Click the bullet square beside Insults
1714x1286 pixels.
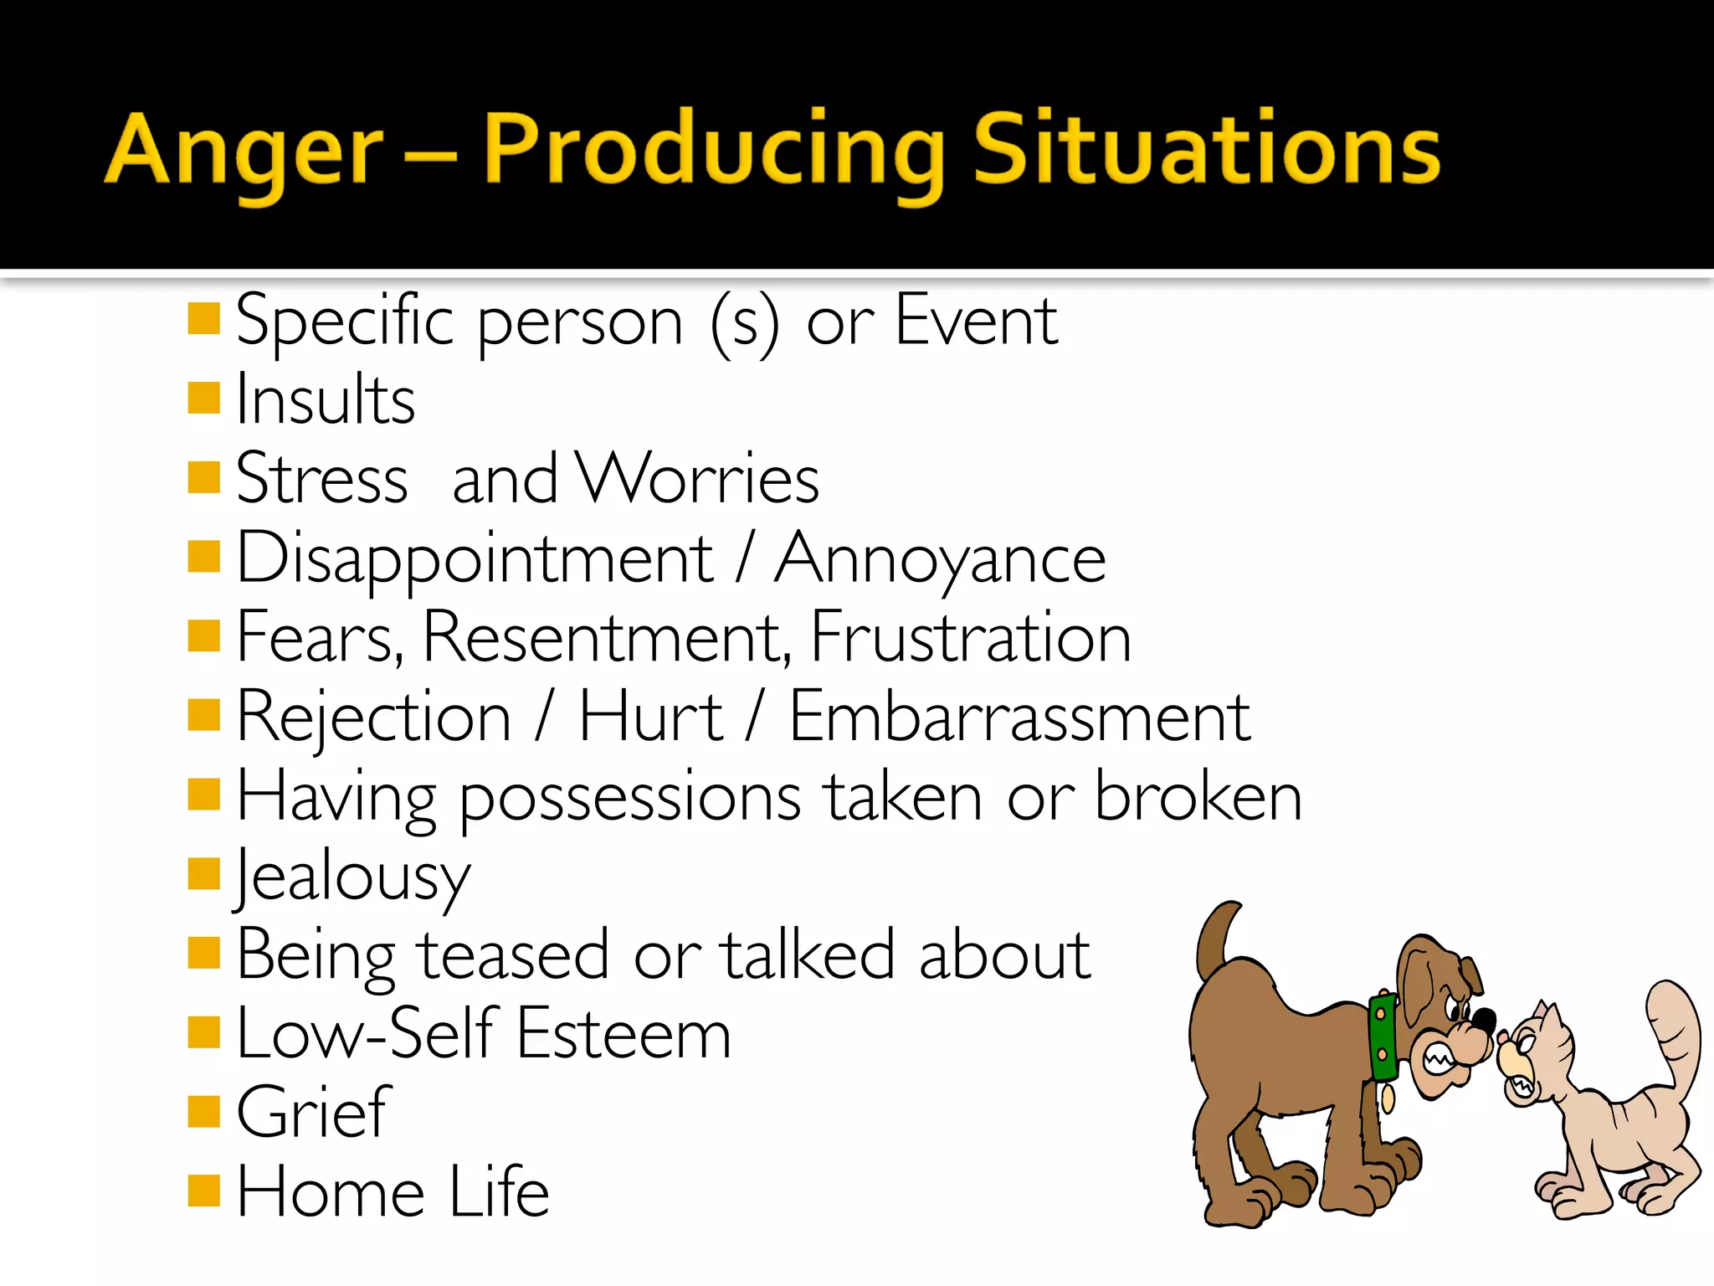point(203,398)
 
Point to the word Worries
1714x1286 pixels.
point(699,479)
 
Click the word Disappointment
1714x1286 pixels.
point(475,559)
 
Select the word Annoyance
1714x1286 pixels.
point(939,559)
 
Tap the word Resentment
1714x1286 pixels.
point(604,638)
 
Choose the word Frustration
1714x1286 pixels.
point(971,638)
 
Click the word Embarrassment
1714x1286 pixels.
point(1019,718)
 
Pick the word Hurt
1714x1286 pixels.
point(650,718)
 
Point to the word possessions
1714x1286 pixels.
point(629,797)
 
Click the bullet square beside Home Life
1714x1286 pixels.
point(203,1190)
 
